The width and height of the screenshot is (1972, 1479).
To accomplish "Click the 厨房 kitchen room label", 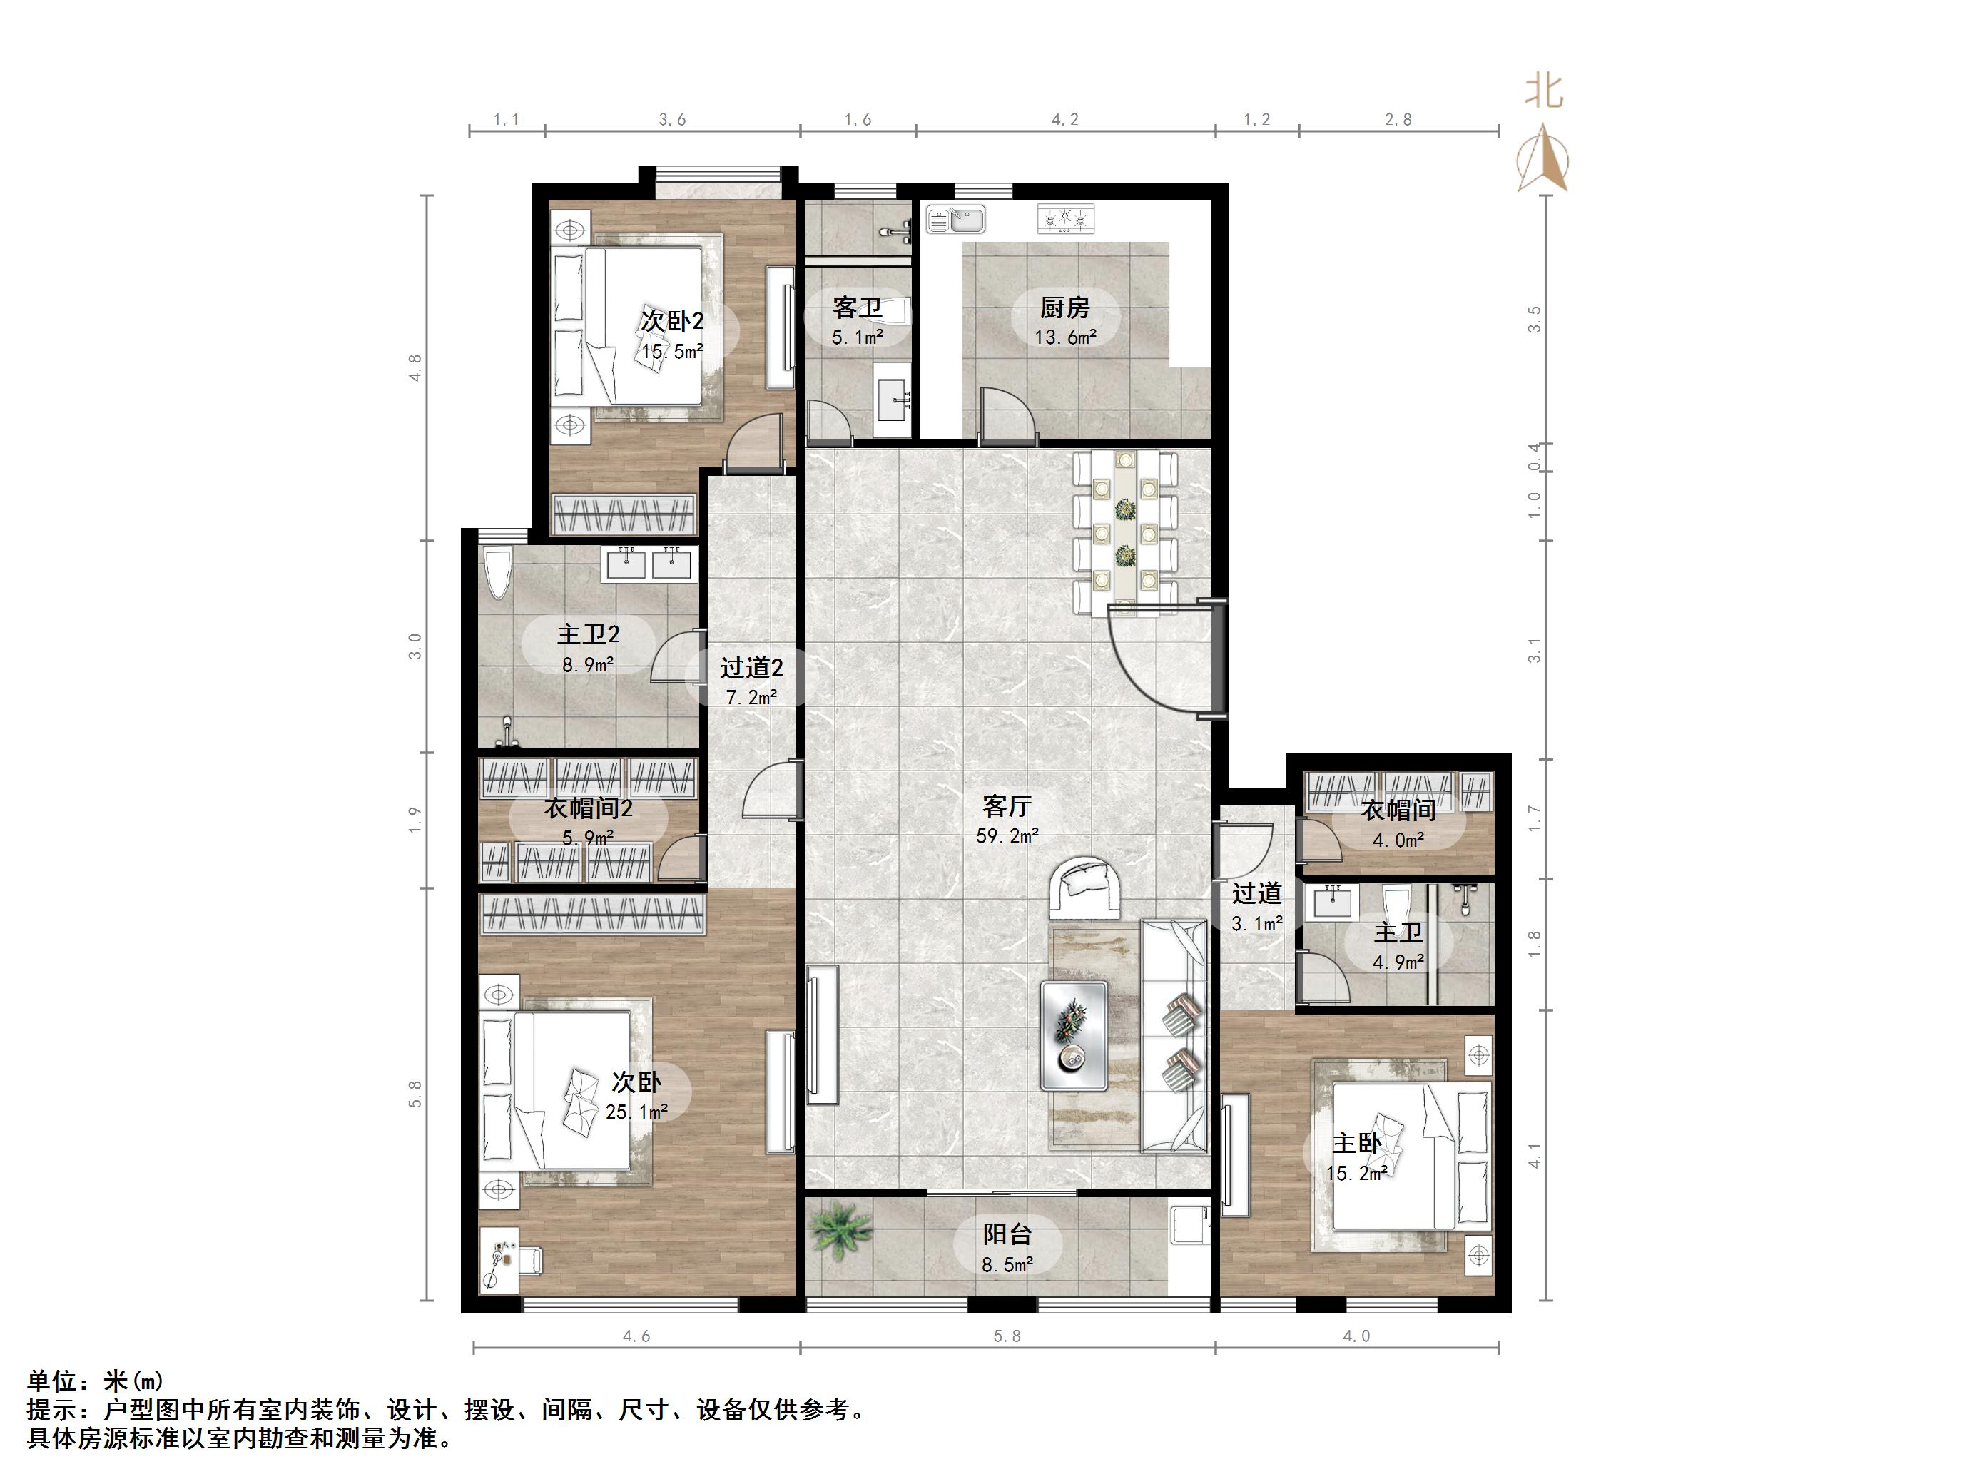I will click(x=1064, y=308).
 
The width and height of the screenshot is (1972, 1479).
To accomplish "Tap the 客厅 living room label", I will click(x=1007, y=806).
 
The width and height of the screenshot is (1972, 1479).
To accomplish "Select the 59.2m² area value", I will click(x=1007, y=836).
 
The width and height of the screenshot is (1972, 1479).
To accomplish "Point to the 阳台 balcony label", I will click(x=1007, y=1235).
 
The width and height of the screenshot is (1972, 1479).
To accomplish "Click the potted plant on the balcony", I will click(x=840, y=1229).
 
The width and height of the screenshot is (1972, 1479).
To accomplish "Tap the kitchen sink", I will click(x=956, y=219).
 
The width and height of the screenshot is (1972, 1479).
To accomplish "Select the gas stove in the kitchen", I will click(x=1065, y=218).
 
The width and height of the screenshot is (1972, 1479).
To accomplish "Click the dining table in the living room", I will click(x=1125, y=533).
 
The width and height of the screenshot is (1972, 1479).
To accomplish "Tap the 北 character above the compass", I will click(x=1543, y=91).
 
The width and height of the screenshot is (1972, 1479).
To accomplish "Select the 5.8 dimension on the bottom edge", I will click(x=1007, y=1336).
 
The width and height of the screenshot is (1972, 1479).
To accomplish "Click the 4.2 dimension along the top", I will click(x=1064, y=119).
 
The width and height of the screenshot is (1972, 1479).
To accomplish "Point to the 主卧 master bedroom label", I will click(x=1356, y=1143).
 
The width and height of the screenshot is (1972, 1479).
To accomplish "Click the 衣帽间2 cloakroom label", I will click(x=589, y=808).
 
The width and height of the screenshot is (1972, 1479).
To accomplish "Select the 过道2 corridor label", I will click(x=751, y=668).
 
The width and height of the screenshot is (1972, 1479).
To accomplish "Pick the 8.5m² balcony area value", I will click(x=1007, y=1265).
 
